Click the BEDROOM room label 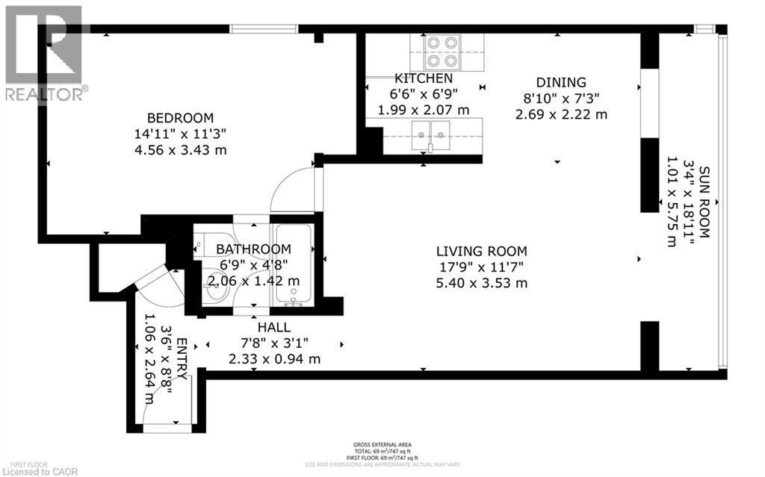coord(180,118)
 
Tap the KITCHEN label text coord(424,78)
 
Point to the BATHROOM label coord(253,249)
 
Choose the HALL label coord(274,327)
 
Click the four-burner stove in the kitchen coord(441,52)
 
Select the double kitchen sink coord(433,135)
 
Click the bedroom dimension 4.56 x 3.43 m coord(180,150)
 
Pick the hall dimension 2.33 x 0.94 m coord(274,359)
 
